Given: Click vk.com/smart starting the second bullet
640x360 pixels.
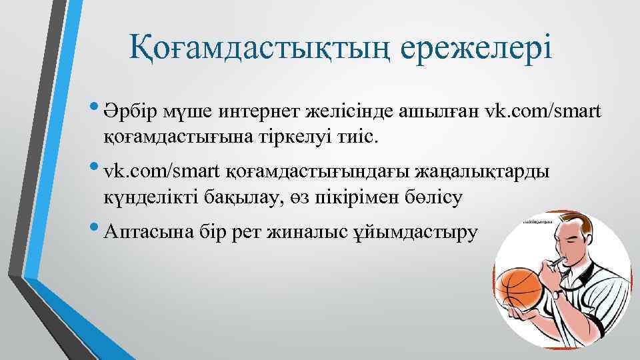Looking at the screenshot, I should click(161, 171).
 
